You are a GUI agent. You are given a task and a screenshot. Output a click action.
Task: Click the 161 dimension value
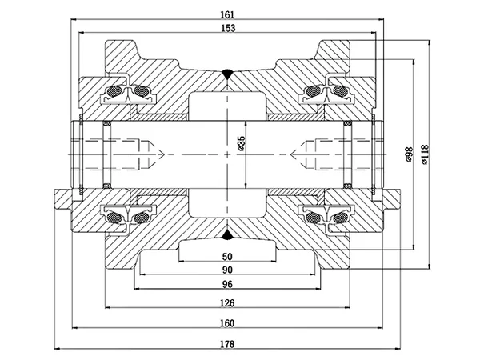227,14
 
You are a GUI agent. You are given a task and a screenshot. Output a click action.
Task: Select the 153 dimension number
228,28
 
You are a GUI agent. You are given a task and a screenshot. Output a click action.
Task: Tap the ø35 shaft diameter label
242,143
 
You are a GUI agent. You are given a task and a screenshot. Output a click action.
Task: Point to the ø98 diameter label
409,154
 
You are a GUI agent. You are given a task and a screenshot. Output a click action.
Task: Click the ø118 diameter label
425,154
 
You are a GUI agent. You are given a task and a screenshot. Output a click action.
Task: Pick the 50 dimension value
227,257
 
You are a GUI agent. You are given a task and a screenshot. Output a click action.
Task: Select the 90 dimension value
227,270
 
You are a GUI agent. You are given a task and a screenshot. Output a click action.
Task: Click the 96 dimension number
227,284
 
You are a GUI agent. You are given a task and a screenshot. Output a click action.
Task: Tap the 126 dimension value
227,303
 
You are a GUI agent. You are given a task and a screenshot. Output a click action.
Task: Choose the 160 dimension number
227,323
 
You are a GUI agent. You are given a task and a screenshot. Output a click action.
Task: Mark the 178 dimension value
227,344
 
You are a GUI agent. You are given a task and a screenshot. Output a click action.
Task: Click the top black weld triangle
227,74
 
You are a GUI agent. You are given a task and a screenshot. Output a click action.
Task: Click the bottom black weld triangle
227,234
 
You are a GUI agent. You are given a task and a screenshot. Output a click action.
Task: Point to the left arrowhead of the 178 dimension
57,348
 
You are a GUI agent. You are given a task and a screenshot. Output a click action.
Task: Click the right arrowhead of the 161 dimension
381,19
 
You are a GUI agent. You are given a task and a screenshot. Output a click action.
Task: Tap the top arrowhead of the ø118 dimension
430,42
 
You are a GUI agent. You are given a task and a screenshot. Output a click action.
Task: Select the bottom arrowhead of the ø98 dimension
414,247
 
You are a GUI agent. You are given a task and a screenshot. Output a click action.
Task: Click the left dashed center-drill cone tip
164,154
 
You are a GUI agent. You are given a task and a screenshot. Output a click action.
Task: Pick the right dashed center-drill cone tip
290,154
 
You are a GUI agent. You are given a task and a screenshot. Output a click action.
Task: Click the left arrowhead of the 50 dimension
182,262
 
